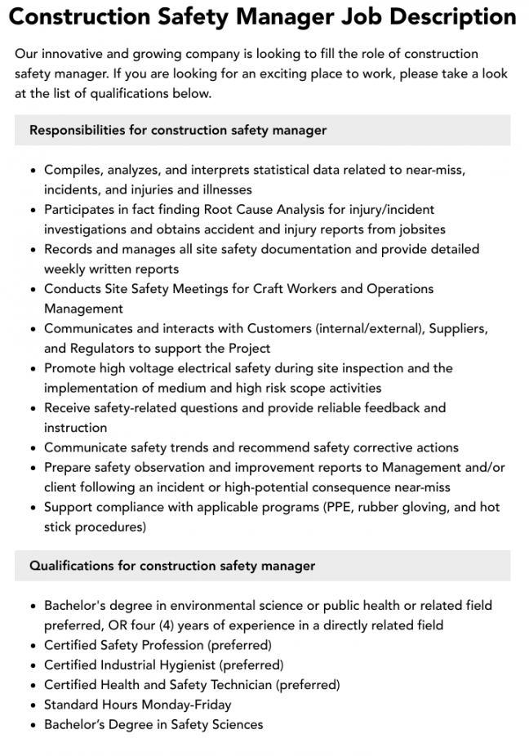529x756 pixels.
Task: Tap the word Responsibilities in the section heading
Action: click(x=78, y=130)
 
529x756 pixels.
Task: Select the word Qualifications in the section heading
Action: click(x=72, y=565)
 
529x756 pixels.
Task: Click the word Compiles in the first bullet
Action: click(x=72, y=170)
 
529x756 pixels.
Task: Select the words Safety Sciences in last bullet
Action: click(x=217, y=724)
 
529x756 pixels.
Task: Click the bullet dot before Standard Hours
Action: click(x=32, y=705)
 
